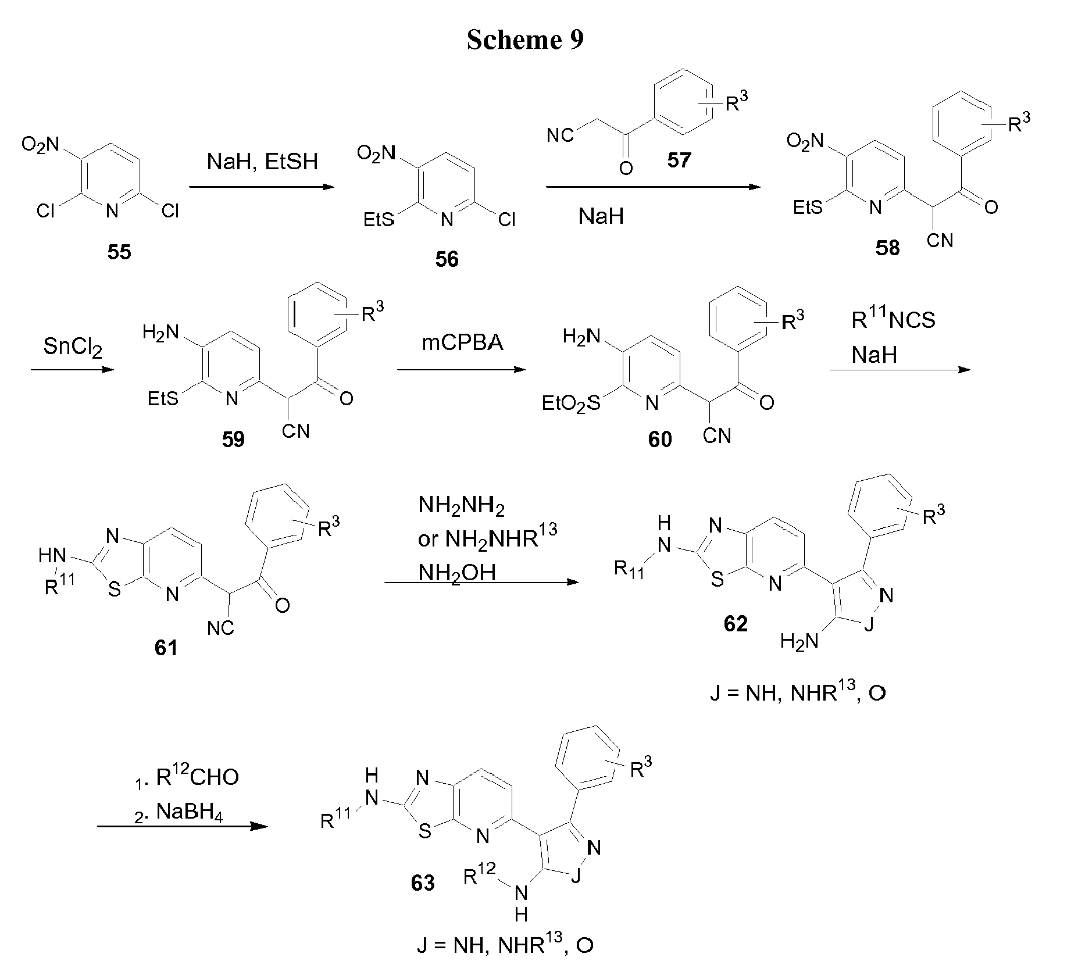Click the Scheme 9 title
point(524,40)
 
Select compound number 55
point(119,252)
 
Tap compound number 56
point(447,259)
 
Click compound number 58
point(887,248)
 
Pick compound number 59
point(233,440)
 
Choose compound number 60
point(660,440)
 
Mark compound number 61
point(166,647)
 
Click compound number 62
point(736,624)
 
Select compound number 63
point(423,883)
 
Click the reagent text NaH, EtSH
point(263,161)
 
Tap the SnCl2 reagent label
point(73,349)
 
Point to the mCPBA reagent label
point(463,342)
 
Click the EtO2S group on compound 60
point(571,403)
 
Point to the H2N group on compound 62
point(799,642)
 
